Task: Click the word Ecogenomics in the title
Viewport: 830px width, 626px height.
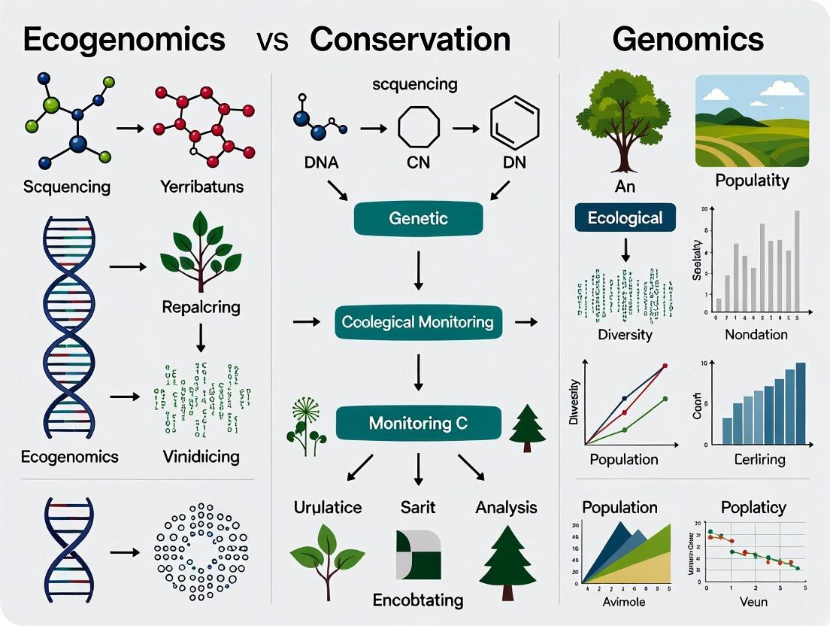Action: click(124, 39)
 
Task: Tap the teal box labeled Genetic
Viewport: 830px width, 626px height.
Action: click(419, 219)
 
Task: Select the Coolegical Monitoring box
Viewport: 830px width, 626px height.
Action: click(418, 322)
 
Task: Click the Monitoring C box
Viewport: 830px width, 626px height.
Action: click(418, 424)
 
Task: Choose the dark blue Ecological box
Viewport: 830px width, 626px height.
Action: click(625, 218)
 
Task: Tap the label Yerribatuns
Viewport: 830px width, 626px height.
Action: click(202, 186)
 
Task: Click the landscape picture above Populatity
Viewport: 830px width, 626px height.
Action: click(752, 120)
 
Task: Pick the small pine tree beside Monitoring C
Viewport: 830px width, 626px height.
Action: click(527, 428)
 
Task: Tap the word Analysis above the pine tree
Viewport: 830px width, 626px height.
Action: click(506, 508)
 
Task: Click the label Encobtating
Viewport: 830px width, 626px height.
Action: click(418, 600)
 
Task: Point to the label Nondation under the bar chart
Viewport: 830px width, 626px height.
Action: click(756, 335)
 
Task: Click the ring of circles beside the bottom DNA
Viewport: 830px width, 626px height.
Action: click(201, 552)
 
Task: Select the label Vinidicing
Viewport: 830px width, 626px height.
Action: click(201, 456)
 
